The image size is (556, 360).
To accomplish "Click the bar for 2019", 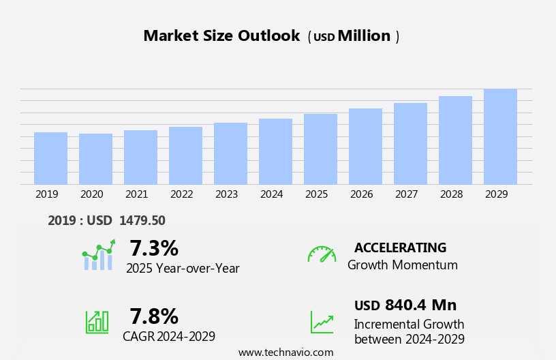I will click(50, 158).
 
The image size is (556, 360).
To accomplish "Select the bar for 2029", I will click(500, 136).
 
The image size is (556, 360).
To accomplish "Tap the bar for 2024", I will click(275, 151).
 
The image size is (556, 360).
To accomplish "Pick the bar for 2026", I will click(365, 146).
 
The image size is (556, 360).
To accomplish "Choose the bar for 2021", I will click(140, 157).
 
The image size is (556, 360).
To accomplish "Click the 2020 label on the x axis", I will click(91, 194).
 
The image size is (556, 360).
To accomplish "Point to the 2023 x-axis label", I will click(226, 194).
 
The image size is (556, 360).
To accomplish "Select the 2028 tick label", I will click(451, 194).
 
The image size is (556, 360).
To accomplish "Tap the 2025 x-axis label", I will click(316, 194).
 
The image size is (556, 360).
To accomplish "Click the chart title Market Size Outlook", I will click(221, 36).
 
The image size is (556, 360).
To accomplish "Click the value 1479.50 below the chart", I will click(142, 220).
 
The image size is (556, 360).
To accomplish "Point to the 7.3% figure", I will click(154, 248).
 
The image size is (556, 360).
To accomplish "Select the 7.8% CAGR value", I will click(154, 316).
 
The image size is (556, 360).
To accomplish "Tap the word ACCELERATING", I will click(400, 247).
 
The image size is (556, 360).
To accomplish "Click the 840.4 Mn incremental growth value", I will click(420, 305).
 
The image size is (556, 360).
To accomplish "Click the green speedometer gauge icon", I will click(322, 254).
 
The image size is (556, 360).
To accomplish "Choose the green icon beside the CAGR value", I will click(97, 321).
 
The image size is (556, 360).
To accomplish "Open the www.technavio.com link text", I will click(285, 352).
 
